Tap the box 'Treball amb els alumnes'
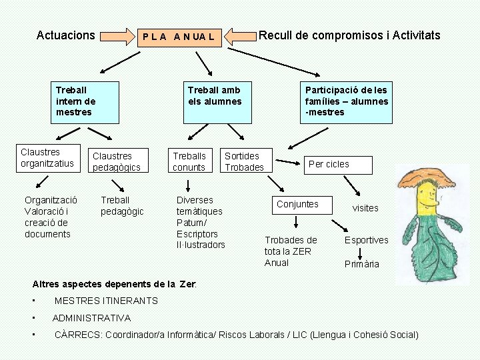[214, 102]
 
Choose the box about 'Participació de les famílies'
[346, 102]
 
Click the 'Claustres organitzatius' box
[47, 158]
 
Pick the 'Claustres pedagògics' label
[117, 162]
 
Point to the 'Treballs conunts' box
[189, 162]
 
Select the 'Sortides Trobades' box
[245, 161]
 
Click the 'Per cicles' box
[329, 164]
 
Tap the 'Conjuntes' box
[298, 204]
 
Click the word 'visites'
[365, 208]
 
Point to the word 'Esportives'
[366, 240]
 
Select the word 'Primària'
[362, 264]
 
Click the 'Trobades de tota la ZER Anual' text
[291, 251]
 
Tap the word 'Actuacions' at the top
[66, 35]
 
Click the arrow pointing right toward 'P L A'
[117, 36]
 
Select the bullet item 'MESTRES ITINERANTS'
[106, 301]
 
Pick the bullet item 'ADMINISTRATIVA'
[91, 318]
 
